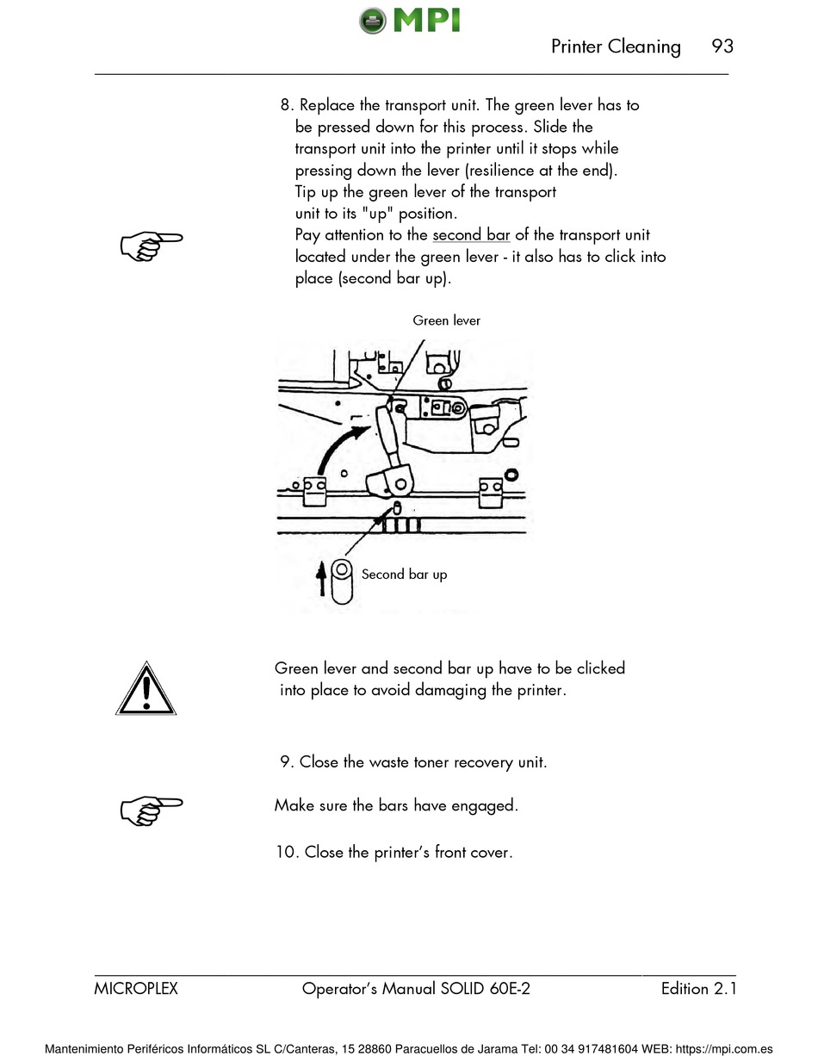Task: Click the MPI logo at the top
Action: [410, 19]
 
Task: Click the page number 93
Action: [722, 47]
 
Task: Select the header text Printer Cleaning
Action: [616, 47]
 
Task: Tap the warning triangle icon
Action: [146, 689]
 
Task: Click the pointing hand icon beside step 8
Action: [151, 245]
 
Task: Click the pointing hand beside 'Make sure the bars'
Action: [151, 809]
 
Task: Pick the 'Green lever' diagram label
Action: [446, 320]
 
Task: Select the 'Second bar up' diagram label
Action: [404, 575]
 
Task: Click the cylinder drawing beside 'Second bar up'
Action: [342, 581]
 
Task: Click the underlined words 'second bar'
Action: [471, 235]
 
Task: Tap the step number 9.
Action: [287, 762]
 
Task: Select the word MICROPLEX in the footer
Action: [136, 989]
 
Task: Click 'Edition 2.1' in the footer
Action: [698, 989]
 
